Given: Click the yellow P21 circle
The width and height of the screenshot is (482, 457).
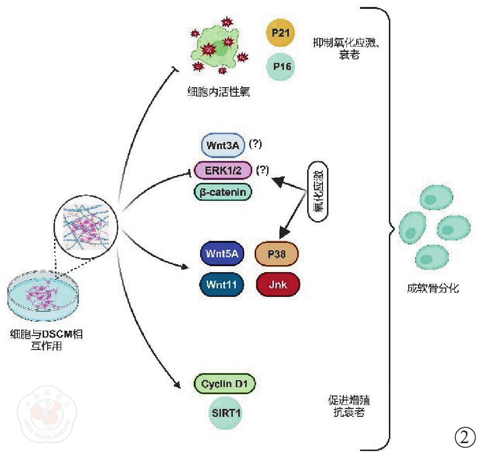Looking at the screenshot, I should pos(280,34).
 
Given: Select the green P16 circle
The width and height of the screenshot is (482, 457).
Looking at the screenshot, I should pos(280,66).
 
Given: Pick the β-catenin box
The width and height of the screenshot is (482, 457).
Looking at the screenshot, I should pos(223,192).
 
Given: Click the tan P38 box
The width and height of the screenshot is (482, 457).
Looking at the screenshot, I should pos(277,254).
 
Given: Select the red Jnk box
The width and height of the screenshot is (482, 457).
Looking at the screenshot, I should pos(277,284).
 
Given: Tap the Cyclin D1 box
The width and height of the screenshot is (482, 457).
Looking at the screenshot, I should pos(225,383).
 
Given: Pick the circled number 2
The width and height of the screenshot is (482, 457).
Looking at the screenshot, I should pos(464,437).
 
